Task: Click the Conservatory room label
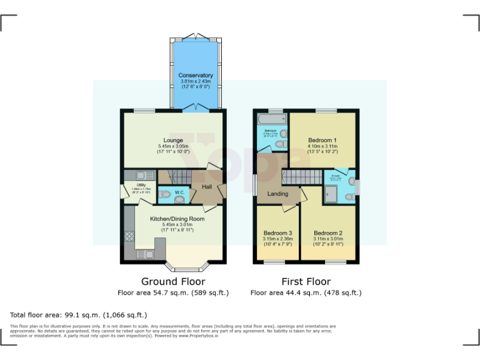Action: [x=196, y=76]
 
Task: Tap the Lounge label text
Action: [x=173, y=140]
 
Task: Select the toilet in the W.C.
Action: [x=180, y=199]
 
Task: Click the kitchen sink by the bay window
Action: [x=141, y=254]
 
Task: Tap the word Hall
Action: [x=207, y=186]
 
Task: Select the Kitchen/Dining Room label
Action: [x=177, y=219]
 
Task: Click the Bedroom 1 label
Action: [x=322, y=140]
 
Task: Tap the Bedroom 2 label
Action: [x=328, y=232]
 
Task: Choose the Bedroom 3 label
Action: [x=276, y=232]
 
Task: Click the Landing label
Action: [x=278, y=194]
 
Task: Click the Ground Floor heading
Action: [x=173, y=281]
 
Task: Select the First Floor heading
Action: [x=306, y=281]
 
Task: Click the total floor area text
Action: [x=79, y=315]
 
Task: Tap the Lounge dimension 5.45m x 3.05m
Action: [x=173, y=147]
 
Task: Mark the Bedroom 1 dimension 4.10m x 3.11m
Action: [x=322, y=147]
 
